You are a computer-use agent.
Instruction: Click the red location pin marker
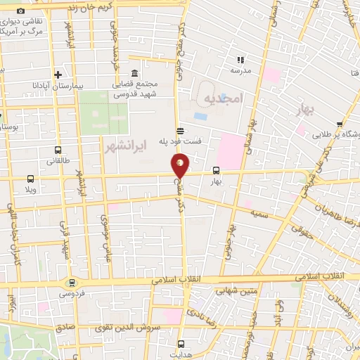click(181, 165)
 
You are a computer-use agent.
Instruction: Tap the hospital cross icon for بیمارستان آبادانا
click(58, 75)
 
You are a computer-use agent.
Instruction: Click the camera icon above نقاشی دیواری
click(20, 12)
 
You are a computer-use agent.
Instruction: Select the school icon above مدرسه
click(240, 60)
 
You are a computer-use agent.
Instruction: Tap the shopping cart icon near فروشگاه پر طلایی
click(340, 123)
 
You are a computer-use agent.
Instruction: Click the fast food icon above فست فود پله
click(181, 130)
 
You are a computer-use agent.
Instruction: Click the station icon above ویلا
click(30, 179)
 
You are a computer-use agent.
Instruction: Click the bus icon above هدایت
click(181, 344)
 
